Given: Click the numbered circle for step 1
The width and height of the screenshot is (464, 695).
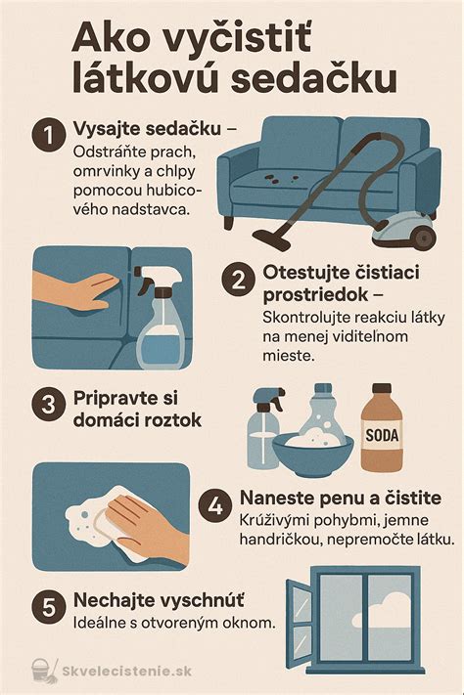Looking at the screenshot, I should click(x=47, y=136).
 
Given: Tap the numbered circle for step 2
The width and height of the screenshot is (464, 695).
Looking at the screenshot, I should click(x=238, y=280).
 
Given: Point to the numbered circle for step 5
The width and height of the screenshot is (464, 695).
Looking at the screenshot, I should click(x=47, y=606).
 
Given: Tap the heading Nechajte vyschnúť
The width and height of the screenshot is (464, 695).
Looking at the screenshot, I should click(x=159, y=598).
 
